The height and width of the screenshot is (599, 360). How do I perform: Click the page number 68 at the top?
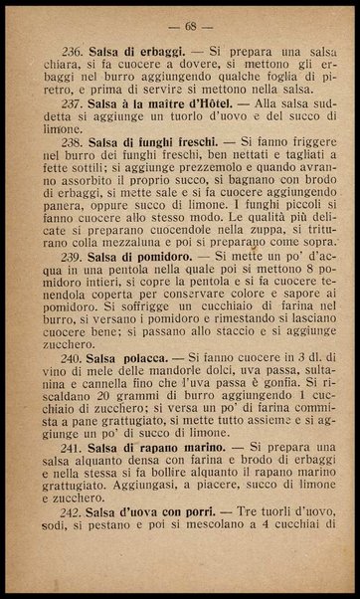pos(180,23)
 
